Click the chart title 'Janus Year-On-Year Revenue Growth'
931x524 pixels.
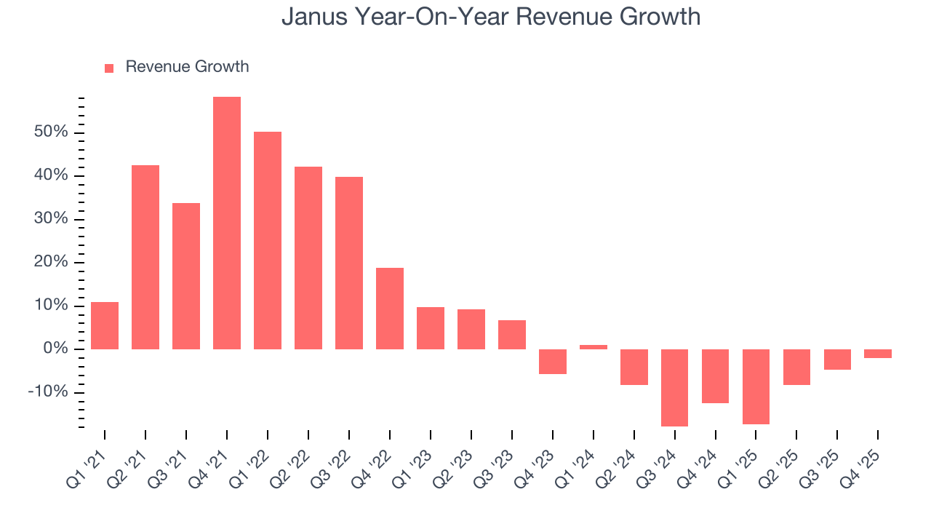pyautogui.click(x=491, y=16)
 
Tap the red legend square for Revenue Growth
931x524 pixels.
pyautogui.click(x=109, y=68)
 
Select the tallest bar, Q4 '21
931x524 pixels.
pyautogui.click(x=227, y=223)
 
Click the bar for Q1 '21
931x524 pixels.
pyautogui.click(x=105, y=325)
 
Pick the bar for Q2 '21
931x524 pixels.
pyautogui.click(x=145, y=257)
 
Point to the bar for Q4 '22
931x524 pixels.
pyautogui.click(x=390, y=309)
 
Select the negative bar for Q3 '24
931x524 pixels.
pyautogui.click(x=674, y=387)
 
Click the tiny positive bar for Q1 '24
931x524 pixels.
pyautogui.click(x=594, y=347)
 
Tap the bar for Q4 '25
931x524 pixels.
pyautogui.click(x=878, y=354)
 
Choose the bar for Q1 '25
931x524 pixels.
pyautogui.click(x=756, y=386)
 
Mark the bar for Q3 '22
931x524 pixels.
pyautogui.click(x=349, y=263)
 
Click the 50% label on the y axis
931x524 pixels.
pyautogui.click(x=50, y=132)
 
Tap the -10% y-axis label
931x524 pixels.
pyautogui.click(x=47, y=392)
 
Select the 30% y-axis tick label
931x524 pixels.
pyautogui.click(x=50, y=219)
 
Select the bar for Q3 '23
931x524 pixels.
pyautogui.click(x=512, y=335)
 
